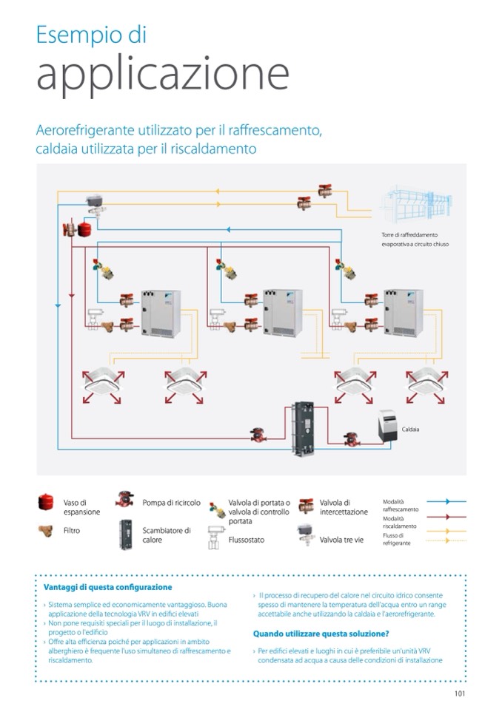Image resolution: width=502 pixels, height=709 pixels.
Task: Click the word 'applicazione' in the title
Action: pyautogui.click(x=162, y=75)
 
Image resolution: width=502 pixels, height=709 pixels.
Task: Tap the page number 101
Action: pyautogui.click(x=459, y=693)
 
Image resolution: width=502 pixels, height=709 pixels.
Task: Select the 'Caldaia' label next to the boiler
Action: pyautogui.click(x=410, y=429)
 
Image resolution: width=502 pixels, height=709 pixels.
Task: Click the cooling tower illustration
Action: pyautogui.click(x=418, y=200)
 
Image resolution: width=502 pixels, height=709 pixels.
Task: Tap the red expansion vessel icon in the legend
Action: pyautogui.click(x=47, y=503)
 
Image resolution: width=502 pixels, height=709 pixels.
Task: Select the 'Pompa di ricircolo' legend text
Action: pyautogui.click(x=171, y=503)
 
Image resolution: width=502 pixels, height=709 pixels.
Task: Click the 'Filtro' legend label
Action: pyautogui.click(x=72, y=530)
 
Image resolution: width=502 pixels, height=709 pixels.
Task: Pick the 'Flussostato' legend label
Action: pyautogui.click(x=247, y=540)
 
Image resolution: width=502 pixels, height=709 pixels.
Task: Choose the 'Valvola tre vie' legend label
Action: pyautogui.click(x=341, y=540)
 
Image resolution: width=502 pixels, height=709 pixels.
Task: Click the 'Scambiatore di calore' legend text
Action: pyautogui.click(x=166, y=535)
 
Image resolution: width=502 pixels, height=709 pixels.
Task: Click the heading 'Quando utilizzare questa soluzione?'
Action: pyautogui.click(x=321, y=634)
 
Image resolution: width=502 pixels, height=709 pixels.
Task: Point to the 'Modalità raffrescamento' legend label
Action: pyautogui.click(x=400, y=505)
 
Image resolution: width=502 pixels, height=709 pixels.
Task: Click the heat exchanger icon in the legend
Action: pyautogui.click(x=124, y=534)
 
